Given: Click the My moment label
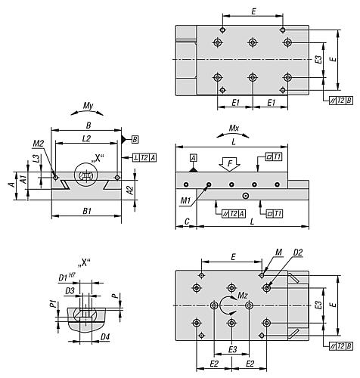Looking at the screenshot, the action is coord(88,106).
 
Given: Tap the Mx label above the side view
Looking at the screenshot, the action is coord(234,129).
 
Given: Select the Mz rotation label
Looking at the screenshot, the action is coord(243,296).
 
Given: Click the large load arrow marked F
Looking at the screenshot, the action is coord(229,164).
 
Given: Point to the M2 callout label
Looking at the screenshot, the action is coord(39,144).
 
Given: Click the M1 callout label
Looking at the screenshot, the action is coord(186,201).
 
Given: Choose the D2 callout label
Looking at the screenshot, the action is coord(298,253).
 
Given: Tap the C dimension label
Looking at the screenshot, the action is coord(187,222).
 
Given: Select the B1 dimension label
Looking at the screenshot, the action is coord(87,211).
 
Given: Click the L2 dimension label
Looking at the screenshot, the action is coord(86,138).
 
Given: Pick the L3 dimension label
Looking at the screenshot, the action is coord(37,158).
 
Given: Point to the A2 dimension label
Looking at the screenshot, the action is coord(129,191).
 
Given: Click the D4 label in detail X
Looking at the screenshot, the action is coord(105,337).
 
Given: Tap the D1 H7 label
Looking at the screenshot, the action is coord(67,277).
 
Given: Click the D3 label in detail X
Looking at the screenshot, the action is coord(70,291).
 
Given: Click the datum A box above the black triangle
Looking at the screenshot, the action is coord(194,158).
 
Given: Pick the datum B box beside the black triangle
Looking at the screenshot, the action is coord(135,139).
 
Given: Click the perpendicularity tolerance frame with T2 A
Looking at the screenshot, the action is coord(144,158).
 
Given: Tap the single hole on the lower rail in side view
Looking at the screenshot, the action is coord(245,196).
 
